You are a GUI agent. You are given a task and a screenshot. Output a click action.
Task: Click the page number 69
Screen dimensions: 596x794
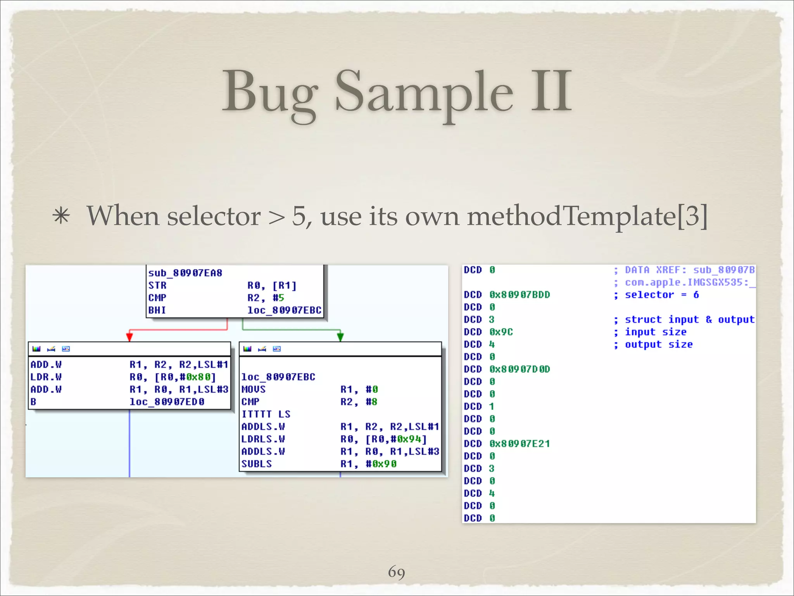click(397, 572)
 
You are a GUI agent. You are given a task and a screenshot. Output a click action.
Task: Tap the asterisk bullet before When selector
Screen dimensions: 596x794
click(62, 216)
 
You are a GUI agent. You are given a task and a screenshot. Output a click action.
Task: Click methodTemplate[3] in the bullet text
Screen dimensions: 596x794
click(587, 216)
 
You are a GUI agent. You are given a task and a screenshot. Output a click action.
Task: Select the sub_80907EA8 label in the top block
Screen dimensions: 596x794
click(185, 273)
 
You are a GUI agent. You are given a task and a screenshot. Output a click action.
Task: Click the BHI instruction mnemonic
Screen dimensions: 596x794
click(157, 310)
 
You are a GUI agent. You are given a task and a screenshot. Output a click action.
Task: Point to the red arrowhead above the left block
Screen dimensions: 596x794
click(130, 336)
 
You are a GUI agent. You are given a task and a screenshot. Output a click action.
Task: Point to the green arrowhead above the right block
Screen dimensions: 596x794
click(340, 336)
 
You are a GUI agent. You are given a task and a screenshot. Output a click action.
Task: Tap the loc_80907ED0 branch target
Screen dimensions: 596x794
click(167, 402)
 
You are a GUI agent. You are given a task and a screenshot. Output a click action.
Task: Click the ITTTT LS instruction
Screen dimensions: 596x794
click(266, 414)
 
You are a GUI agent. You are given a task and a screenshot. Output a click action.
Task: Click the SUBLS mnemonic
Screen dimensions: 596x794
click(257, 464)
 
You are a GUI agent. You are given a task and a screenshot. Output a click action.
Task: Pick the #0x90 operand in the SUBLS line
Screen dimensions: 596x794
click(381, 464)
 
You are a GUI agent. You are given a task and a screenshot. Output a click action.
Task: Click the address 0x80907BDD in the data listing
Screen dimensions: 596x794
click(520, 295)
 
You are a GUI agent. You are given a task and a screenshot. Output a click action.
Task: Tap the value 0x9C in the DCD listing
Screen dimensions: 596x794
click(501, 332)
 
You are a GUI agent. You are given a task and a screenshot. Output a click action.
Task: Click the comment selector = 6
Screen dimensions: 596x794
click(662, 295)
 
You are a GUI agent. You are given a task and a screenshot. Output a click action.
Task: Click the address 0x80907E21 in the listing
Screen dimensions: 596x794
click(520, 444)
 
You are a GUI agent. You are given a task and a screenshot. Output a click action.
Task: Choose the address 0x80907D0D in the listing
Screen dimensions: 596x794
click(520, 369)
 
